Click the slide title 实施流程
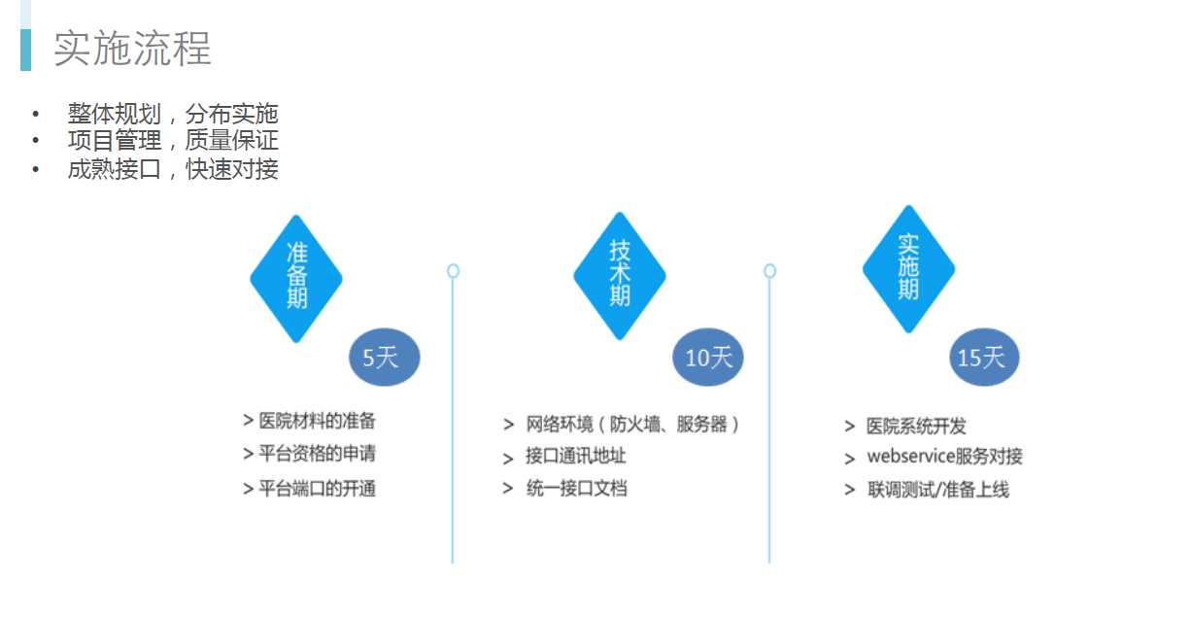point(132,49)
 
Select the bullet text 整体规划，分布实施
point(173,114)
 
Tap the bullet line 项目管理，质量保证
point(173,140)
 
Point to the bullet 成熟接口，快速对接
point(173,169)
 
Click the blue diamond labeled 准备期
point(296,279)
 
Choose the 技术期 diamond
point(620,275)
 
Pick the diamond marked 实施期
point(908,269)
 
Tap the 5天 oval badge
point(385,358)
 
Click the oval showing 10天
point(707,358)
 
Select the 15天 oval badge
point(984,358)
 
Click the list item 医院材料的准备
point(317,421)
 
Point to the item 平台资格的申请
point(317,454)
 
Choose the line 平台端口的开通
point(317,489)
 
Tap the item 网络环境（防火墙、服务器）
point(632,425)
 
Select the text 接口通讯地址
point(576,456)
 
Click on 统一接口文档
point(576,488)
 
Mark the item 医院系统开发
point(916,426)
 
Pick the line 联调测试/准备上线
point(937,489)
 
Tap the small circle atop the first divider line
point(453,271)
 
